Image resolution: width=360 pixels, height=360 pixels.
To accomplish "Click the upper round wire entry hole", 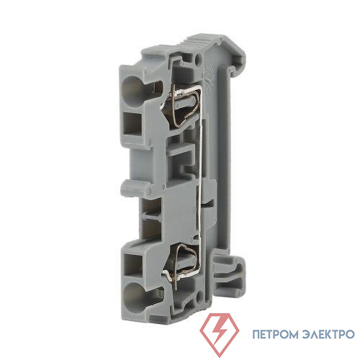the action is (133, 91).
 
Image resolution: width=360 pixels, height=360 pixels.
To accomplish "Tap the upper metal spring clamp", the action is (184, 106).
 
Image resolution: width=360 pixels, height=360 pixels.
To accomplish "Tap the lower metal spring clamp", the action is (183, 264).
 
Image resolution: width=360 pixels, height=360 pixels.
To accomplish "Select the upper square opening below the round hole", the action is (132, 125).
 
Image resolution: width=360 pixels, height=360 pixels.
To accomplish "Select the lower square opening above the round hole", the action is (132, 265).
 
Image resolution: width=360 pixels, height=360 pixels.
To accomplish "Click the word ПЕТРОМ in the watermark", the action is (275, 334).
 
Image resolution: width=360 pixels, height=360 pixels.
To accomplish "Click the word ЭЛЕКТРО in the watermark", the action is (328, 334).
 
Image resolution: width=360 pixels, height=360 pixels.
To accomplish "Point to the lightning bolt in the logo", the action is (219, 333).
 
